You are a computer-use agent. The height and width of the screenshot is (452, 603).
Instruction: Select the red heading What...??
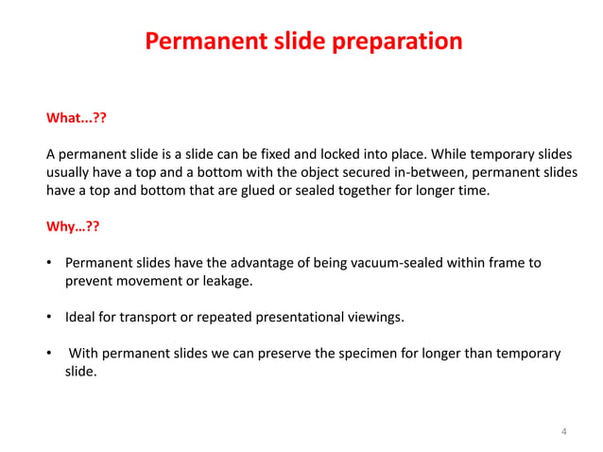[77, 119]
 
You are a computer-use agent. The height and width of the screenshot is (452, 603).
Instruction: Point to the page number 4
[564, 432]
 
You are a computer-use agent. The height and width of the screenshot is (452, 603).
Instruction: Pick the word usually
[71, 172]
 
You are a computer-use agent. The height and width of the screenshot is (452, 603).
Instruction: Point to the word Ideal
[80, 317]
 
